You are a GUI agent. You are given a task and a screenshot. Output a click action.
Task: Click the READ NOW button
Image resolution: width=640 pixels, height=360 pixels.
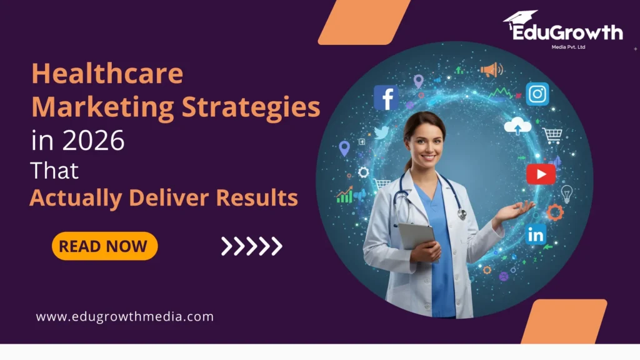[104, 246]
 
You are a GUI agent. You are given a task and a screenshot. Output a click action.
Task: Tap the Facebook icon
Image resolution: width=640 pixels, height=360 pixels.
[386, 98]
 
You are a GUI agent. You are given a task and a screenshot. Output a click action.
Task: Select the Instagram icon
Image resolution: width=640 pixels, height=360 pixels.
[537, 94]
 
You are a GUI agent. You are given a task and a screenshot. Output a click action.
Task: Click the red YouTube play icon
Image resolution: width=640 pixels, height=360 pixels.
[541, 173]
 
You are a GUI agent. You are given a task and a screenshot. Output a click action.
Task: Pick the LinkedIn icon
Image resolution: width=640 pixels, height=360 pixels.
[536, 234]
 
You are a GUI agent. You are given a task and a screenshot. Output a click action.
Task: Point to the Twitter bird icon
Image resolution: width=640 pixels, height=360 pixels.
[381, 132]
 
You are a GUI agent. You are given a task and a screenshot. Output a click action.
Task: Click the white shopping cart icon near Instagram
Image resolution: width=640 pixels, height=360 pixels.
[552, 135]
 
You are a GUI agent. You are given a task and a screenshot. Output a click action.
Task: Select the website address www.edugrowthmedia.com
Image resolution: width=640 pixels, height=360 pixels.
[125, 317]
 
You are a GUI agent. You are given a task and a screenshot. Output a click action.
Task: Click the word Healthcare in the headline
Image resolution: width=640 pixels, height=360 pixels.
[107, 74]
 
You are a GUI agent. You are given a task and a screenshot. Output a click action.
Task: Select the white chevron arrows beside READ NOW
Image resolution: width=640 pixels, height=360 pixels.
[251, 246]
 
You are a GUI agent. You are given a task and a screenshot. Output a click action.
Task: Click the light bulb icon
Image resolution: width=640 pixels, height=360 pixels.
[566, 193]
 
